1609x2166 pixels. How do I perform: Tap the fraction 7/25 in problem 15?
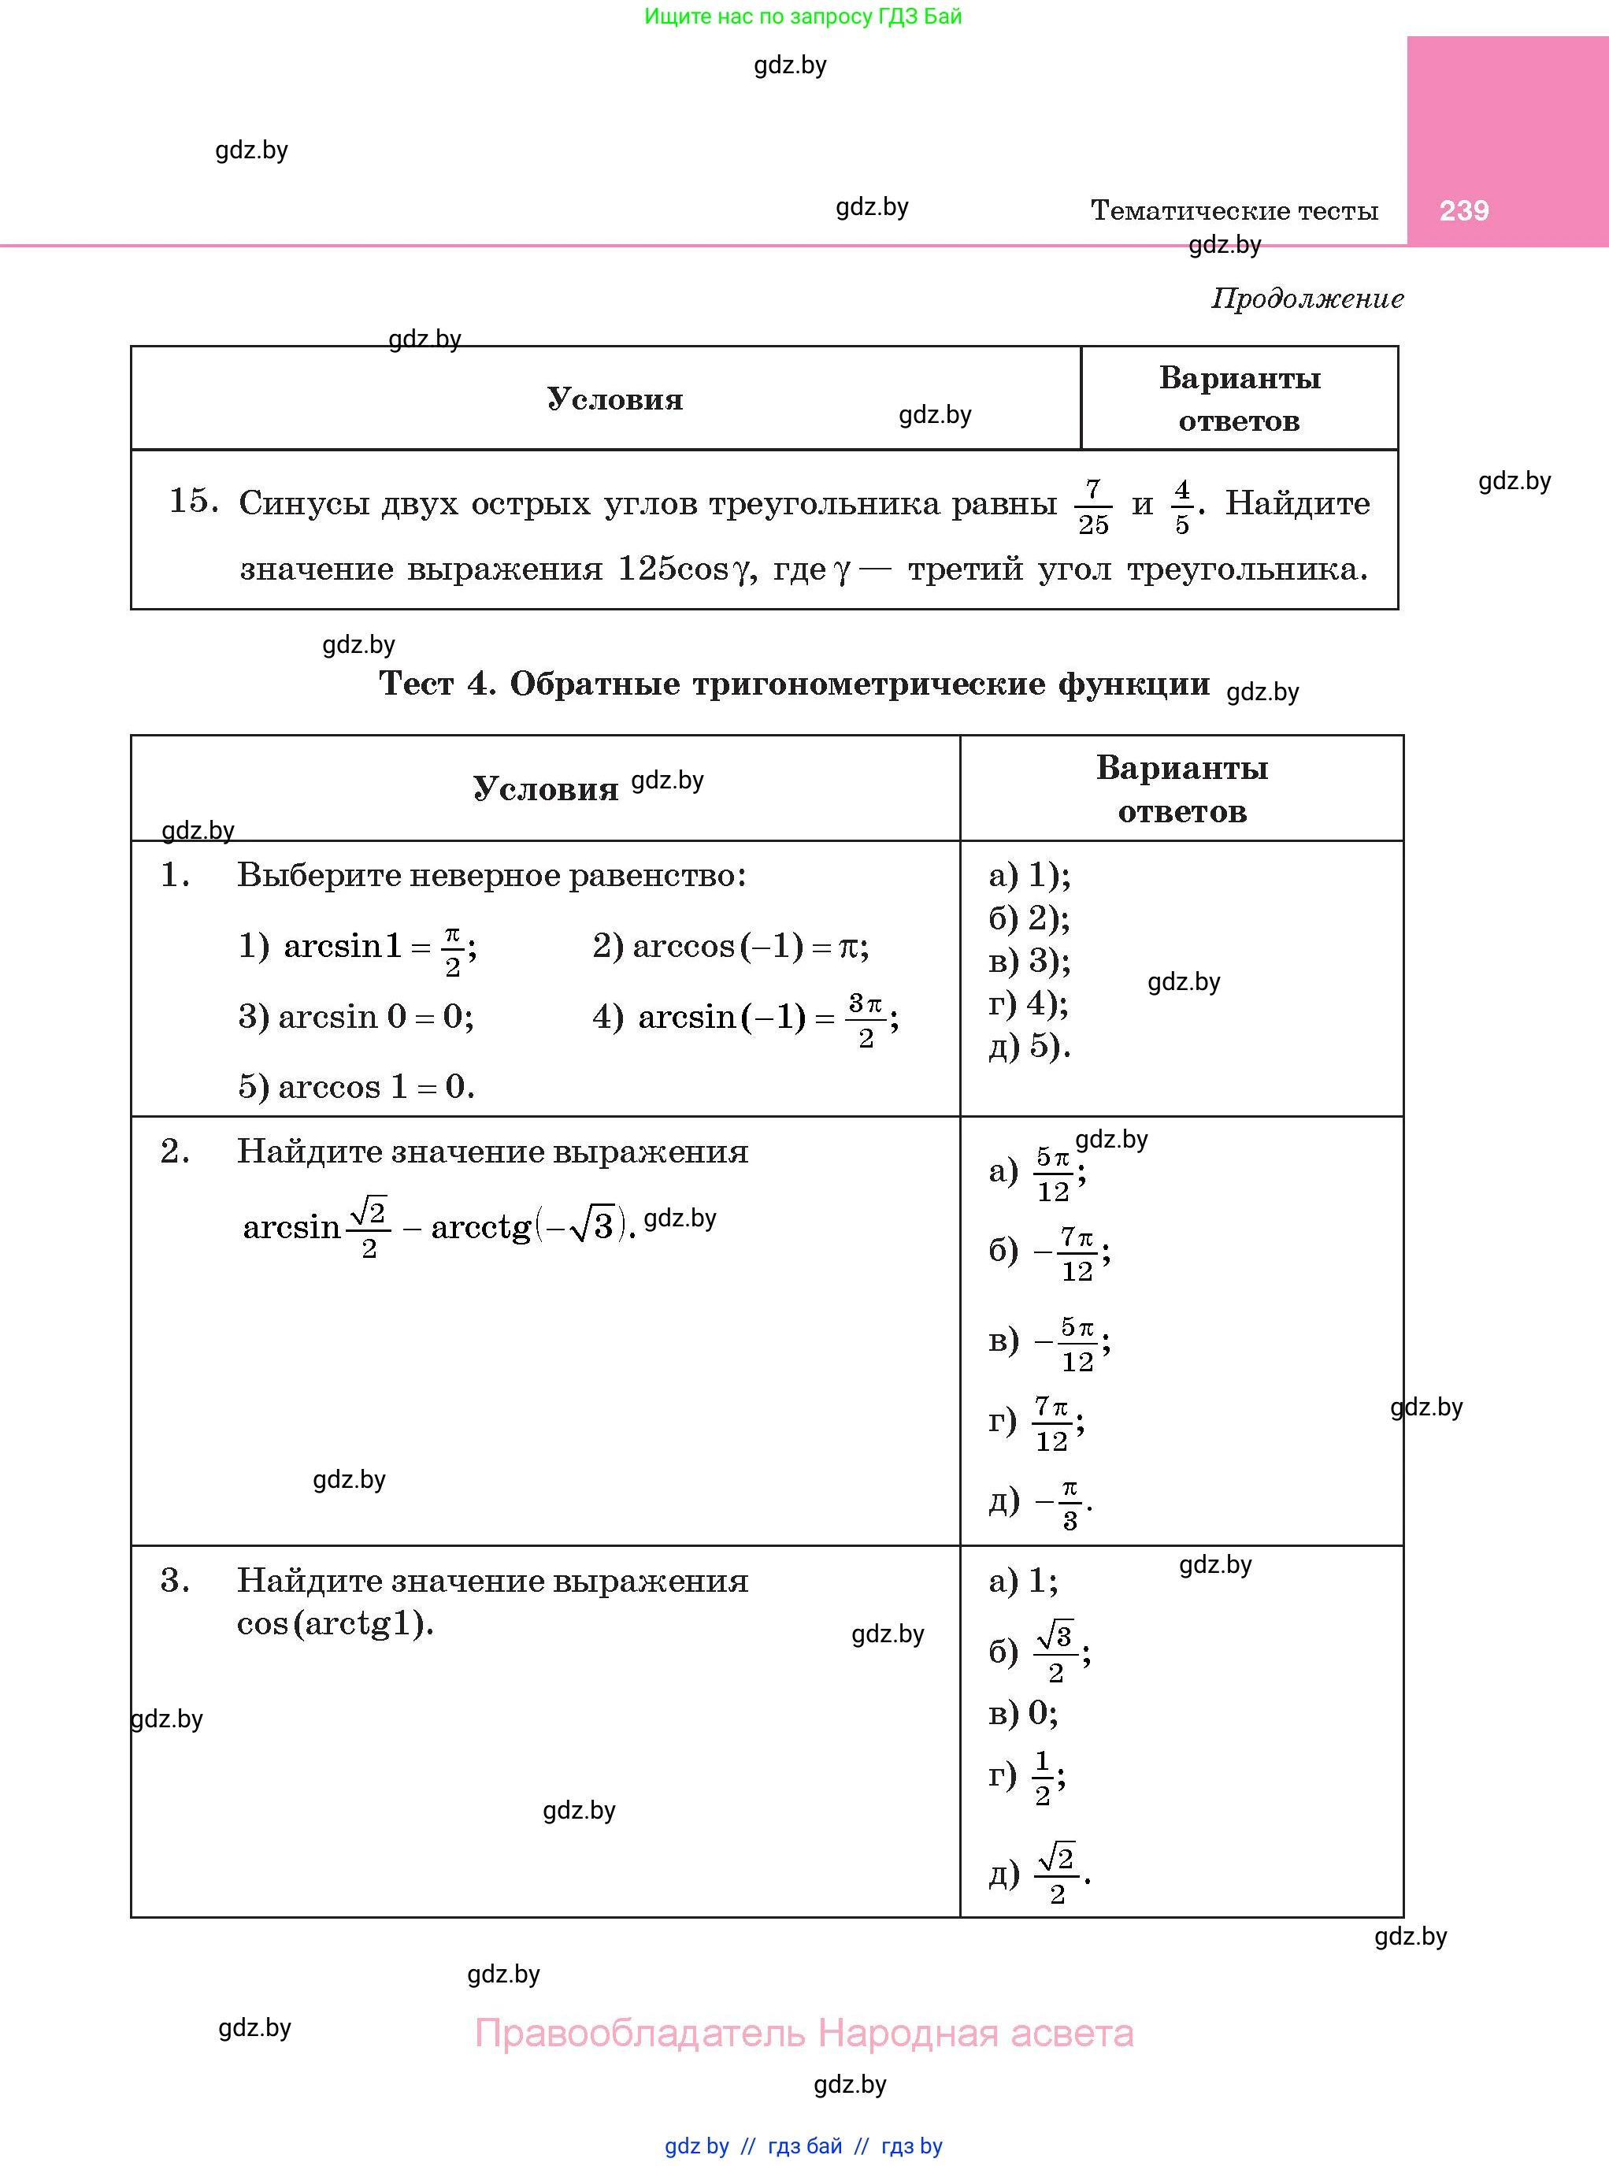(1093, 506)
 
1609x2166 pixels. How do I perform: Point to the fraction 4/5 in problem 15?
(1181, 506)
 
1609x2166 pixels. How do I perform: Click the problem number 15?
(193, 501)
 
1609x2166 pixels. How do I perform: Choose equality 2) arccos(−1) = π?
(731, 946)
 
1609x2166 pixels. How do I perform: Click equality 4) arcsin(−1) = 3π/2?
(745, 1018)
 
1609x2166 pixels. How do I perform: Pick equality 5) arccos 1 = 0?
(357, 1087)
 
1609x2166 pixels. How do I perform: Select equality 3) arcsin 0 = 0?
(357, 1017)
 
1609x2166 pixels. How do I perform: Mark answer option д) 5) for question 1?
(1029, 1046)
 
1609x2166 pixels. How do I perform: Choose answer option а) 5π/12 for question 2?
(1037, 1173)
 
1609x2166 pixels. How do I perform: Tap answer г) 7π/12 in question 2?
(1036, 1423)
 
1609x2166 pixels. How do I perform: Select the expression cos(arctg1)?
(335, 1623)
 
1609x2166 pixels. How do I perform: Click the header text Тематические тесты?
(1234, 210)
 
